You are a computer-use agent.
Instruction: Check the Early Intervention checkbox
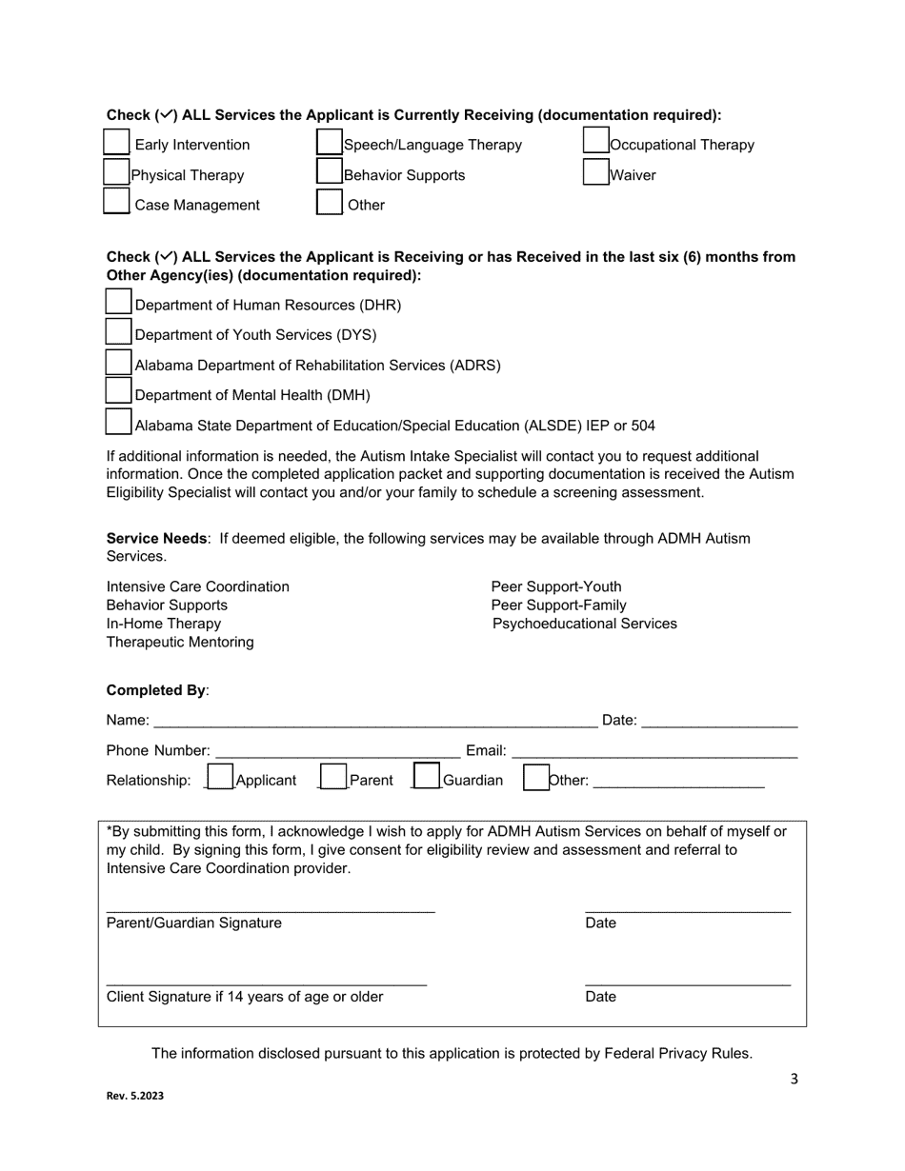(x=116, y=143)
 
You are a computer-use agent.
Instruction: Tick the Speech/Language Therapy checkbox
(x=330, y=143)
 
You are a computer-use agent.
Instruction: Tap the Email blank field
(x=655, y=750)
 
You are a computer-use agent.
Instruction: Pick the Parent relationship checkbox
(x=333, y=778)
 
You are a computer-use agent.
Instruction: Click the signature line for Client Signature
(x=267, y=980)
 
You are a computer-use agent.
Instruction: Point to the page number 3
(x=794, y=1079)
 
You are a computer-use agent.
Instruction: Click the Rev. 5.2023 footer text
(x=134, y=1096)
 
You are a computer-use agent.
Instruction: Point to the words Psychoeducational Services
(x=585, y=624)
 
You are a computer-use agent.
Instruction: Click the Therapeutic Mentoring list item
(x=180, y=642)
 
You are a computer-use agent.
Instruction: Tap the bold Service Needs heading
(x=156, y=538)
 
